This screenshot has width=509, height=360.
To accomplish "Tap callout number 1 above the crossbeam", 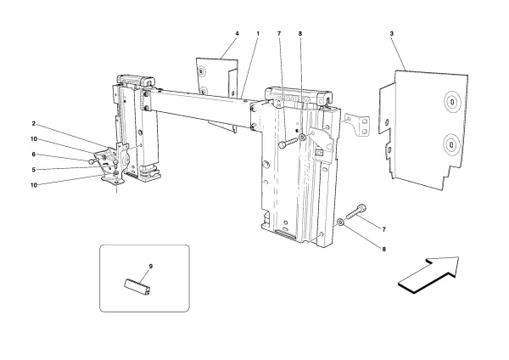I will (x=257, y=34).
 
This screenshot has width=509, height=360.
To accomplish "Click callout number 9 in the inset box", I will (x=150, y=267).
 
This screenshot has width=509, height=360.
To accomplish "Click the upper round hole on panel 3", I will (x=452, y=104).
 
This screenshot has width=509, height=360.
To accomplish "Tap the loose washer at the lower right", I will (x=340, y=222).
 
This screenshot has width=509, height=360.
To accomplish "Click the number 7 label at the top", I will (x=278, y=34).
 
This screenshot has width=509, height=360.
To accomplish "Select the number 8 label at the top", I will (x=300, y=34).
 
